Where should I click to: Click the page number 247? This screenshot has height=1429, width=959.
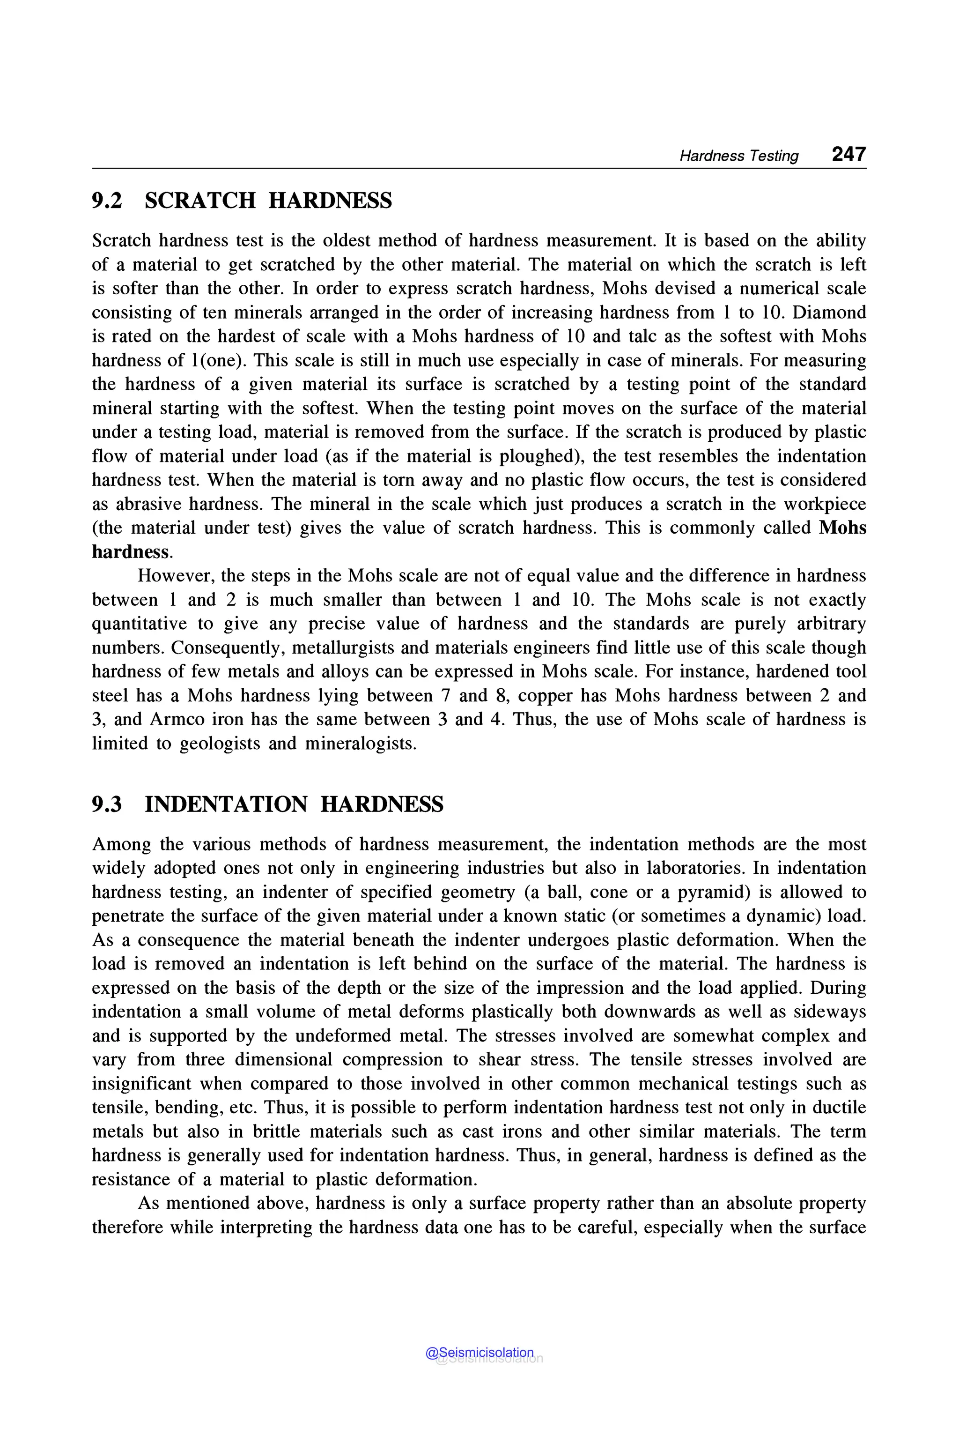pyautogui.click(x=848, y=154)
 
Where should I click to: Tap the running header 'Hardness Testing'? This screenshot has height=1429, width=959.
pyautogui.click(x=739, y=156)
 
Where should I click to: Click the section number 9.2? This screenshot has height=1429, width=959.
pyautogui.click(x=107, y=201)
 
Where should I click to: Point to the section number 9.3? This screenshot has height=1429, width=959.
pyautogui.click(x=107, y=804)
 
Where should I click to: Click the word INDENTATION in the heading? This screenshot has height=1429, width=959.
pyautogui.click(x=226, y=804)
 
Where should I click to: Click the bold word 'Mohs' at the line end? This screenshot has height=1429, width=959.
pyautogui.click(x=842, y=528)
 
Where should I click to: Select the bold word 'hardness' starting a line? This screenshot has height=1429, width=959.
pyautogui.click(x=130, y=551)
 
